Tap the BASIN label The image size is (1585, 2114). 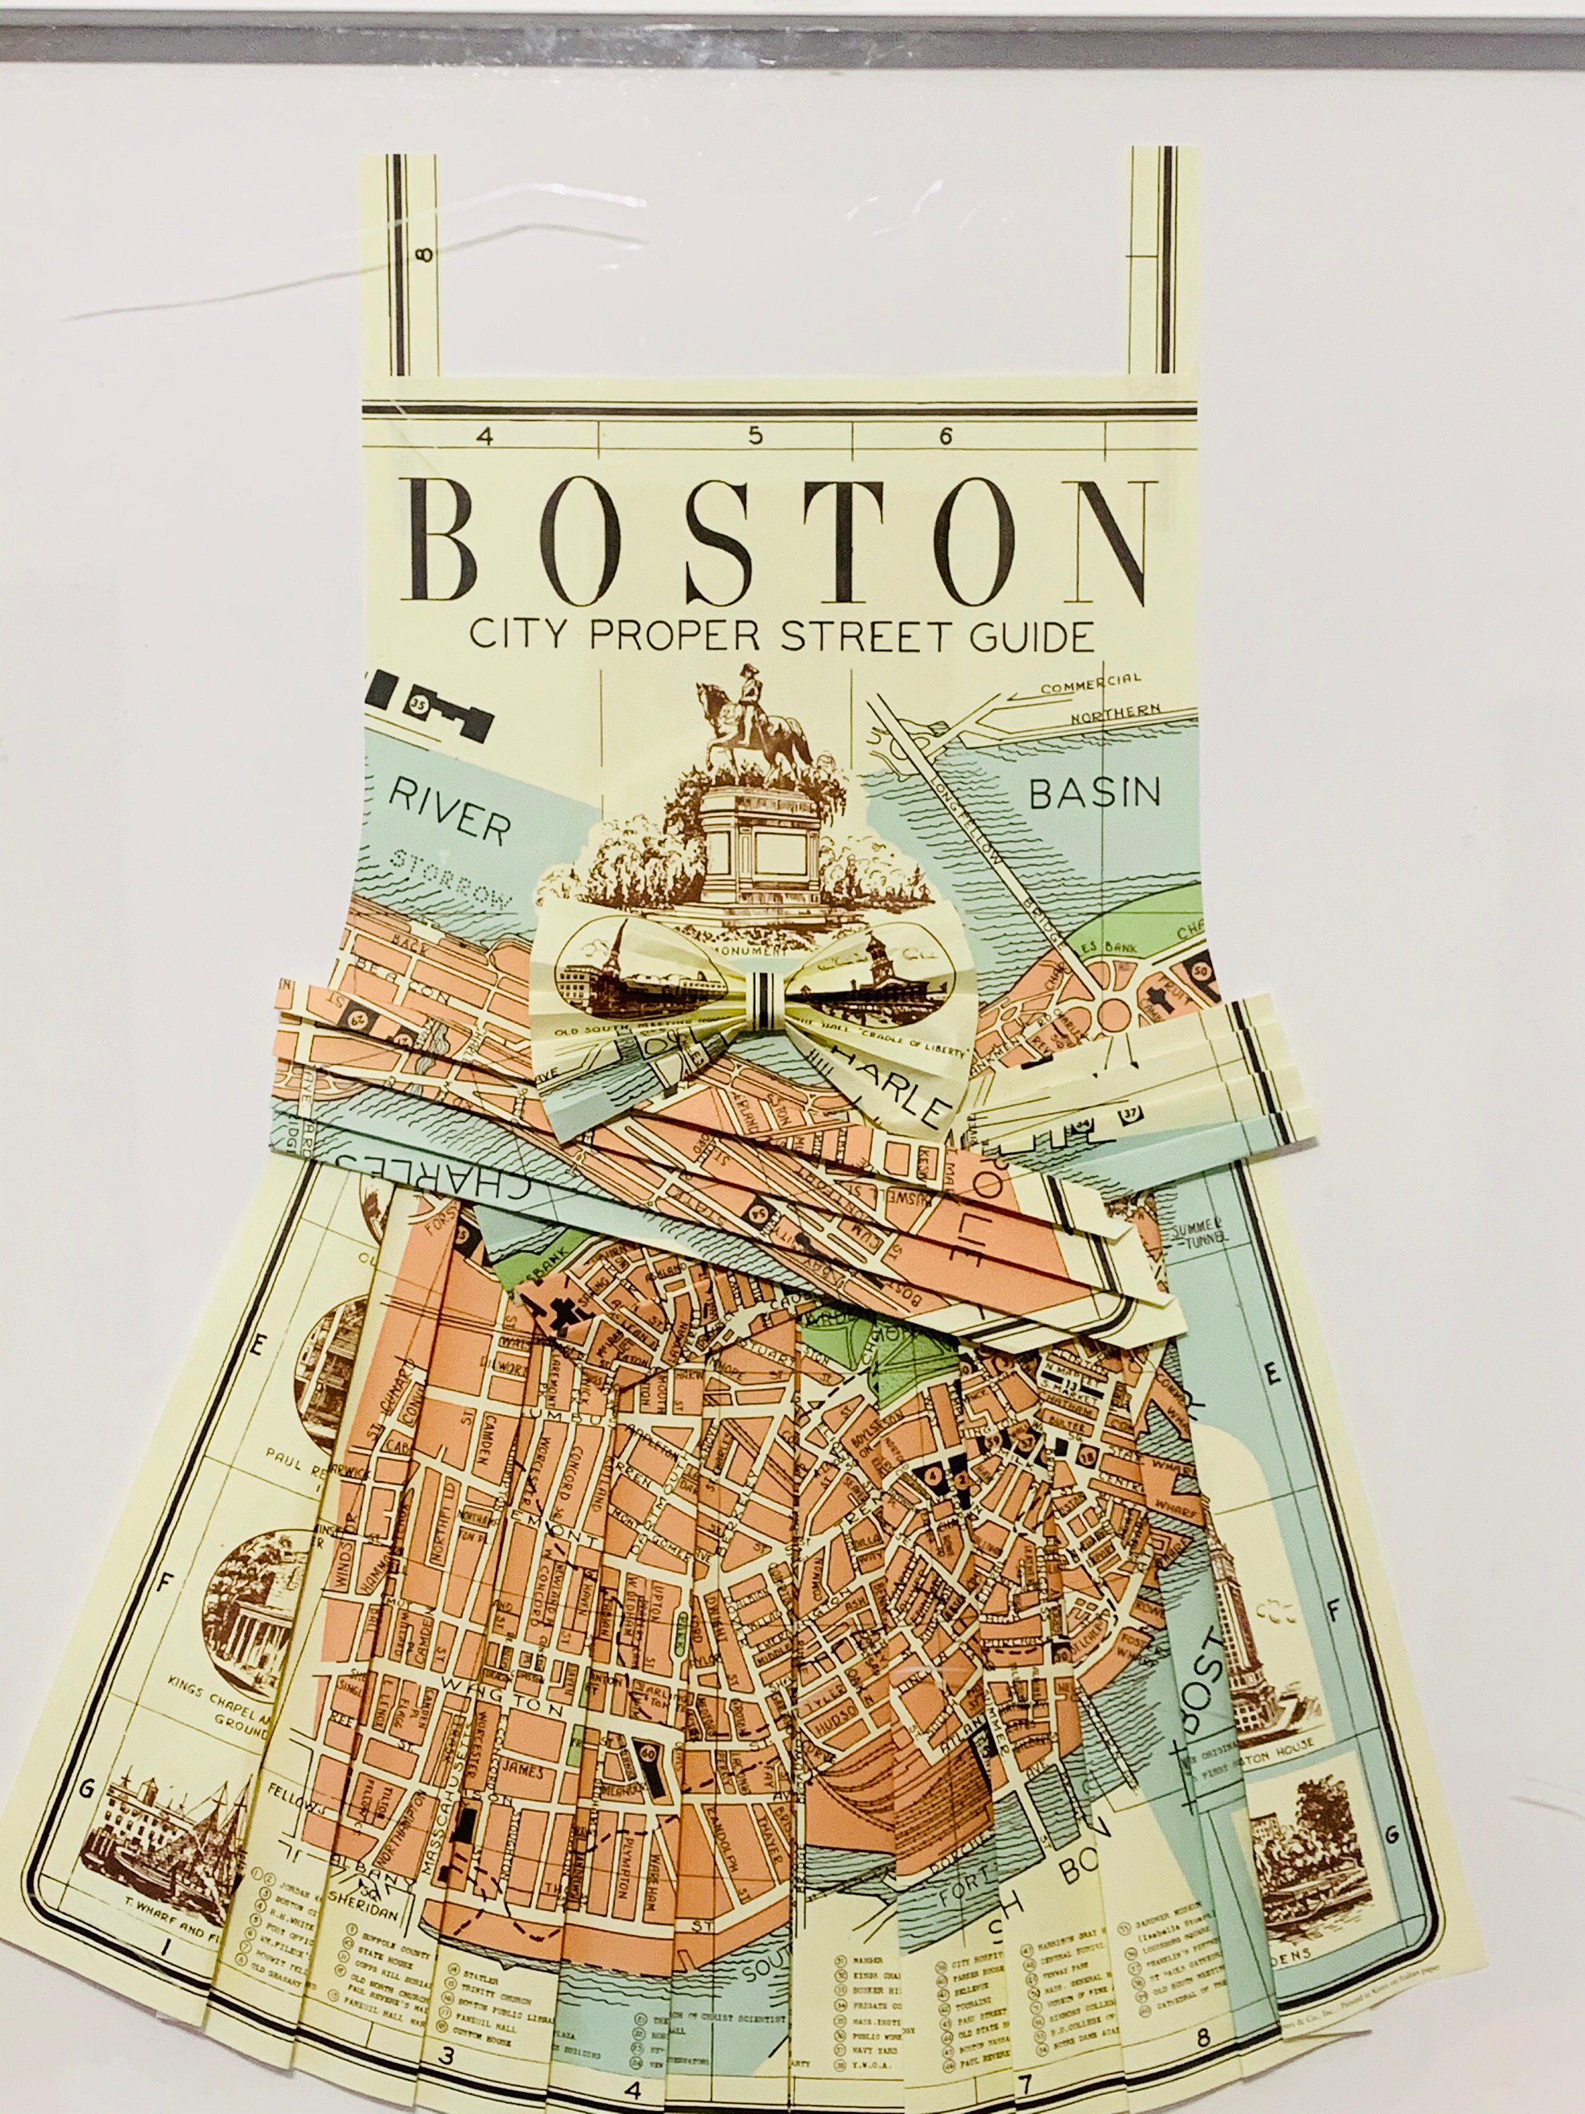point(1094,792)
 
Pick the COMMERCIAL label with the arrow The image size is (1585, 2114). point(1090,684)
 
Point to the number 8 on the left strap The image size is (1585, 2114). point(423,253)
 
